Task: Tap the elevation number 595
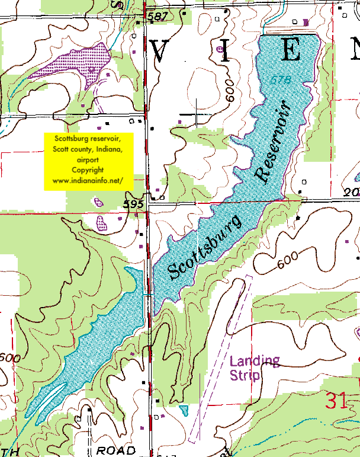(x=134, y=204)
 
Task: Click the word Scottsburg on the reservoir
(x=205, y=247)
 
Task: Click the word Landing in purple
(x=255, y=361)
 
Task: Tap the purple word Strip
(x=244, y=376)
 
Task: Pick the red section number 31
(x=336, y=401)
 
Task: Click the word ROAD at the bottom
(x=115, y=450)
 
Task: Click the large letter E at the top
(x=291, y=51)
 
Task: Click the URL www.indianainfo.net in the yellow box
(x=88, y=180)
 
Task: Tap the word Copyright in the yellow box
(x=88, y=170)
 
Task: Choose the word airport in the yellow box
(x=88, y=159)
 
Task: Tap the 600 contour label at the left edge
(x=9, y=358)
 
